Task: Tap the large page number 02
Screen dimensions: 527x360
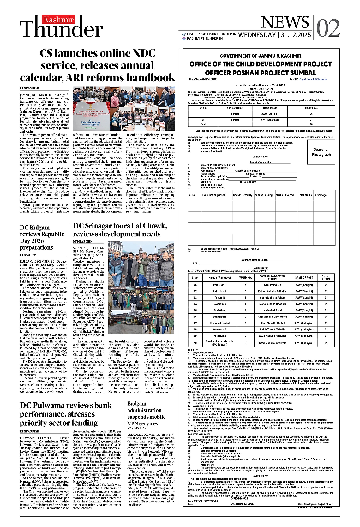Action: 328,28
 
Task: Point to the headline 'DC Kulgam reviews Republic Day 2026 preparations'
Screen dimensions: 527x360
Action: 42,237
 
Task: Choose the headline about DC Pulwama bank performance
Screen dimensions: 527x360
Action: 66,414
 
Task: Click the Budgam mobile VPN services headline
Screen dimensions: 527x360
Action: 147,413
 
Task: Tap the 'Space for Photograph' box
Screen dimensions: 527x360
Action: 321,152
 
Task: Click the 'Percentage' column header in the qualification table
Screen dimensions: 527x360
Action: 320,195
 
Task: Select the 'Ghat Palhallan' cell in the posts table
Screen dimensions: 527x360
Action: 273,285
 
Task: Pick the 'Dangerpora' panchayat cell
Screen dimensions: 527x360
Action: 219,317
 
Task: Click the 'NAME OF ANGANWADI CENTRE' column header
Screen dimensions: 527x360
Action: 273,277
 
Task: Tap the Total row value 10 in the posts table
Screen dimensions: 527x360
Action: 311,124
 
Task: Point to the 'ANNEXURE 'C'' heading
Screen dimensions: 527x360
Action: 261,476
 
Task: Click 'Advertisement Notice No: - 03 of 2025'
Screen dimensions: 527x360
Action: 261,85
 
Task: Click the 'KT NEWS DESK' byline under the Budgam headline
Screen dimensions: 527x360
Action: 137,428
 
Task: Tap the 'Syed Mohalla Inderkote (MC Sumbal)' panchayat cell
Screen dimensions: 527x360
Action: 219,343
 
